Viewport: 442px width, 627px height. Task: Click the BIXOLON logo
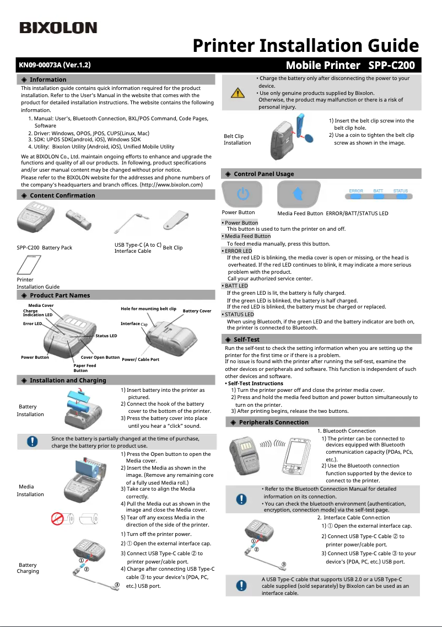pyautogui.click(x=58, y=28)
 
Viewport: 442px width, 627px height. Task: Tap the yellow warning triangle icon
pyautogui.click(x=238, y=92)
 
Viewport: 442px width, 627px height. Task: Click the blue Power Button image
pyautogui.click(x=243, y=194)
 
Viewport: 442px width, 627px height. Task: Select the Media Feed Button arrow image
pyautogui.click(x=298, y=194)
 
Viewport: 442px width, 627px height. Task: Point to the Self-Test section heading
pyautogui.click(x=246, y=339)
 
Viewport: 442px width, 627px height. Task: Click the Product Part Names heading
pyautogui.click(x=60, y=295)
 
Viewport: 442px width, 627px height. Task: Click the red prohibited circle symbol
pyautogui.click(x=59, y=519)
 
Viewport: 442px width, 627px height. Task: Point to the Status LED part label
pyautogui.click(x=106, y=336)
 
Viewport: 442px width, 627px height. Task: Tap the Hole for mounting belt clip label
pyautogui.click(x=148, y=309)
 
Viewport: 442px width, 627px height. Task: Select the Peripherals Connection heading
pyautogui.click(x=273, y=422)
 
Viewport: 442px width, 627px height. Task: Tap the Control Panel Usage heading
pyautogui.click(x=263, y=174)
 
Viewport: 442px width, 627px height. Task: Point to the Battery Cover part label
pyautogui.click(x=197, y=311)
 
